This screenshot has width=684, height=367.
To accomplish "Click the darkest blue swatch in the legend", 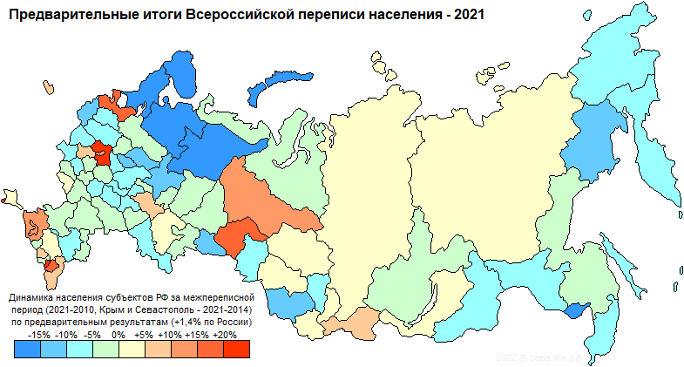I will coord(28,349).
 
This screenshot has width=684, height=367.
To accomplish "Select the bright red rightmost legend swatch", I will coord(236,349).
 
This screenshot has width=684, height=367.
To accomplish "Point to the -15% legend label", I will coord(40,334).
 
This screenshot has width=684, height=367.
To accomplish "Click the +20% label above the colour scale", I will coord(224,334).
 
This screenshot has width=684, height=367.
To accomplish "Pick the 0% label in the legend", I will coord(119,334).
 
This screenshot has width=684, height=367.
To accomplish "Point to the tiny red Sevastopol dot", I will coord(4,200).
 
